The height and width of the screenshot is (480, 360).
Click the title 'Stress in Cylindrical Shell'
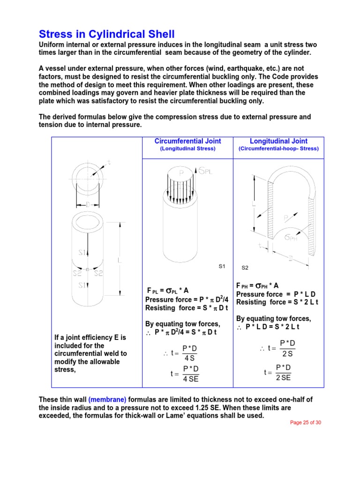click(x=106, y=34)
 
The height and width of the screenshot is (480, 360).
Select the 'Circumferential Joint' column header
click(x=187, y=141)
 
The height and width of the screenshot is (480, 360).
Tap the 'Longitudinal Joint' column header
click(x=278, y=141)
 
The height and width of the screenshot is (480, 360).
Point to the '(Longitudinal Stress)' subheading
click(x=187, y=149)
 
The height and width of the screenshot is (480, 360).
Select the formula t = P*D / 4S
click(x=184, y=353)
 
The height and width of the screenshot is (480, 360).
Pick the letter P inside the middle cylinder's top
click(x=181, y=172)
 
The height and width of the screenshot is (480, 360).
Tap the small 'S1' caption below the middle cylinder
click(x=222, y=266)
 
